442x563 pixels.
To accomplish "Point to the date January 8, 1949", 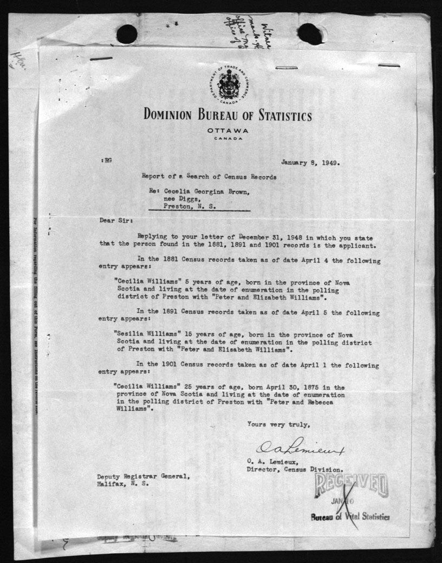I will (310, 161).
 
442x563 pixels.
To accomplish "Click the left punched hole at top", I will (127, 34).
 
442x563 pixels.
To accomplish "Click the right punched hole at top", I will (310, 34).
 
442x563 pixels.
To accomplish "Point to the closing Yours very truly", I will (278, 424).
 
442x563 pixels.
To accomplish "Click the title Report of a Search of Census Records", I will (209, 176).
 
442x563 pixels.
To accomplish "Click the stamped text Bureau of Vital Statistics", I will (350, 517).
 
